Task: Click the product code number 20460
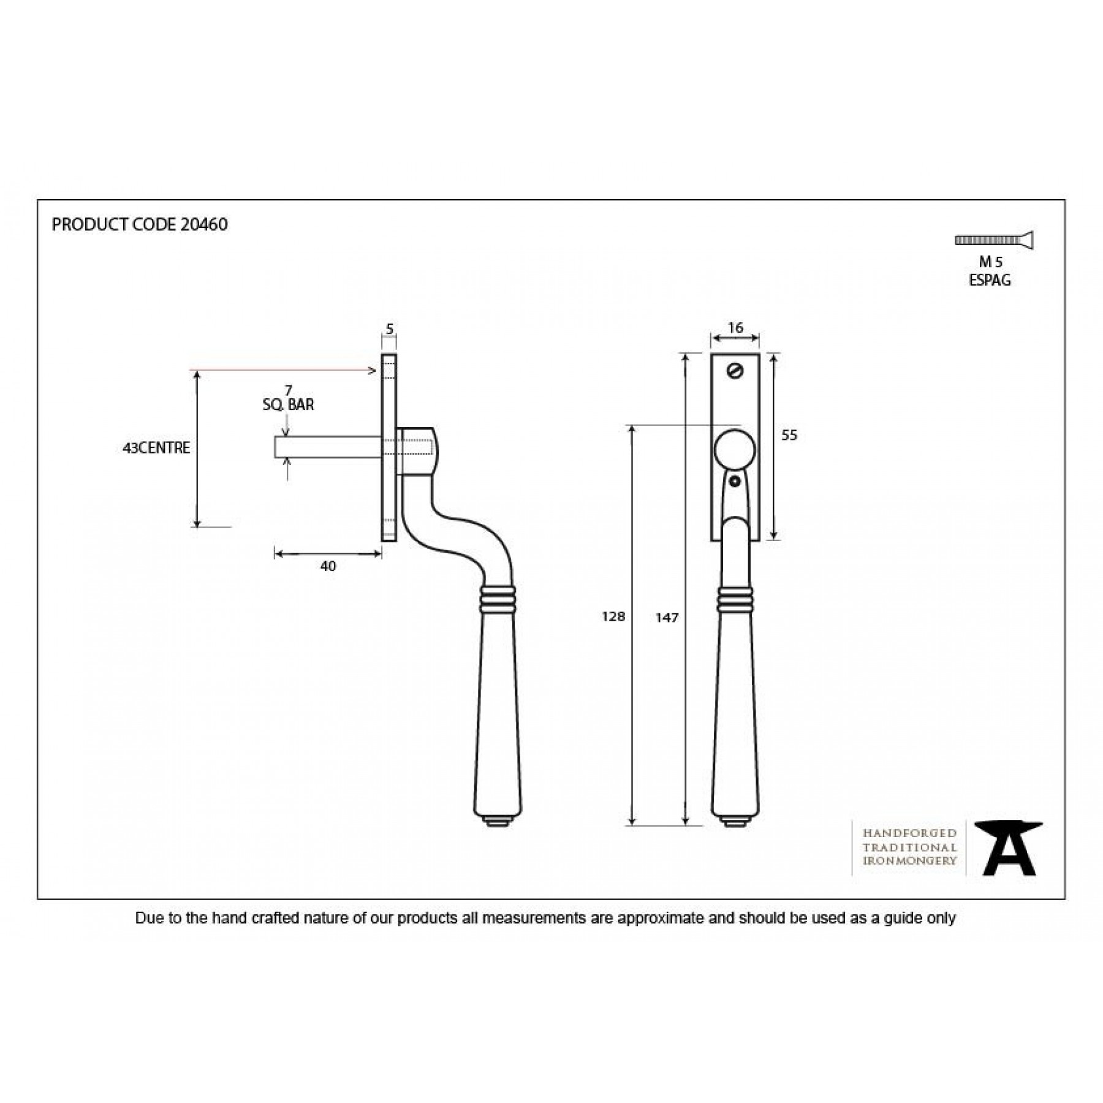pos(204,225)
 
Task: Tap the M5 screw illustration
pos(994,240)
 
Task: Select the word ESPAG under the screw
pos(990,281)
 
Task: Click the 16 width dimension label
pos(735,328)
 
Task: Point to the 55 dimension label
pos(789,435)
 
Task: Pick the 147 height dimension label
pos(667,618)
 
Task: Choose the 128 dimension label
pos(613,616)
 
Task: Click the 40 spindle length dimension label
pos(328,566)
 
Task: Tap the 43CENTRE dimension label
pos(156,448)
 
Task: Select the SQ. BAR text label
pos(288,404)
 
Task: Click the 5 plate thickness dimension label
pos(389,330)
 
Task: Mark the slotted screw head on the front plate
pos(735,371)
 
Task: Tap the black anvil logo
pos(1009,848)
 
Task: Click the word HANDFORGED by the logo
pos(909,833)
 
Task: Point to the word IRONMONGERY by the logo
pos(909,860)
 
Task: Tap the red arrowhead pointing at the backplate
pos(372,370)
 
